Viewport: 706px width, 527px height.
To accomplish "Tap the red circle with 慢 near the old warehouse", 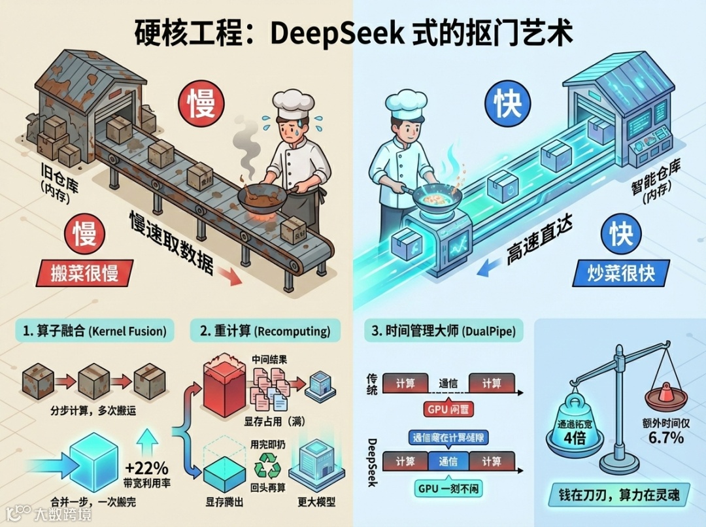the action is pyautogui.click(x=201, y=105).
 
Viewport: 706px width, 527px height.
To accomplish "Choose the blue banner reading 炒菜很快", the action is pyautogui.click(x=618, y=273).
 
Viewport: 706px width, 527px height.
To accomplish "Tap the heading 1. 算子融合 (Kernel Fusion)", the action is pyautogui.click(x=95, y=331).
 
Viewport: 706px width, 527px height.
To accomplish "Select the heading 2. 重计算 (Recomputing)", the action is pyautogui.click(x=265, y=331).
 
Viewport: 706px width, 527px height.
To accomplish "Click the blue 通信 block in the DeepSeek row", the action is pyautogui.click(x=448, y=462).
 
